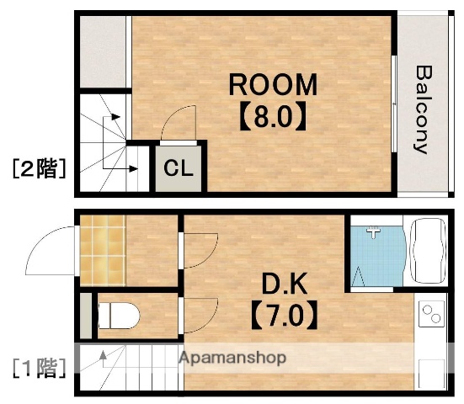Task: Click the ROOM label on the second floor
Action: (x=275, y=85)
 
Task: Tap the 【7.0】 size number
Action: (x=284, y=316)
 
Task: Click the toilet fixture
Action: (x=118, y=316)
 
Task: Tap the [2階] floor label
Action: (x=39, y=168)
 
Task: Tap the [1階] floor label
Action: (x=39, y=367)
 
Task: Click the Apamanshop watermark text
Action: (x=232, y=358)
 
